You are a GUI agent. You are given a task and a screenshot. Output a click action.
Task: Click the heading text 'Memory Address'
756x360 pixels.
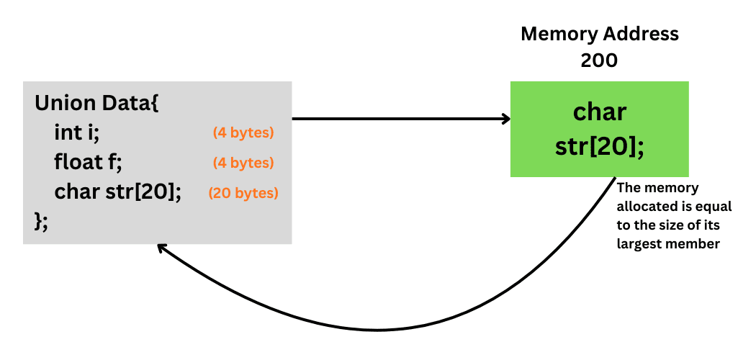click(599, 34)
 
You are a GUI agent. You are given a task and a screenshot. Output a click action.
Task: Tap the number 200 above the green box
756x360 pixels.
click(599, 60)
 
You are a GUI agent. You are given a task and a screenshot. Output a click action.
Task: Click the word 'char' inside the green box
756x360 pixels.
click(599, 113)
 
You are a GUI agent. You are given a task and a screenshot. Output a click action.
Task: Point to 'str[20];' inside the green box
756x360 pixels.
click(599, 145)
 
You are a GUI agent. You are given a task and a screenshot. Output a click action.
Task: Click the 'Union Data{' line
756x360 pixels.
click(96, 103)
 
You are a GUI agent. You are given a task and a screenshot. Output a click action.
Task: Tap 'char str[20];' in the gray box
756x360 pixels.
click(117, 193)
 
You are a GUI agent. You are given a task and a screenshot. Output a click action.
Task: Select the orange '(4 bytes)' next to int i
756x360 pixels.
click(243, 133)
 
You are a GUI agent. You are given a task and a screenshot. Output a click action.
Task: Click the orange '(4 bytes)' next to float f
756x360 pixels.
click(243, 163)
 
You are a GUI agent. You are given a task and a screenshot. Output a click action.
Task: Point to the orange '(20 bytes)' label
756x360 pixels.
click(243, 194)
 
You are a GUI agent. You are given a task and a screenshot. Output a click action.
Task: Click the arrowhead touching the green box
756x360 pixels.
click(505, 119)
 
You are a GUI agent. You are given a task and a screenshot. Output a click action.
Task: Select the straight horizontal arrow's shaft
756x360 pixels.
click(396, 119)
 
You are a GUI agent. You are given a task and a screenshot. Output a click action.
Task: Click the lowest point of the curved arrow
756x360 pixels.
click(378, 330)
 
